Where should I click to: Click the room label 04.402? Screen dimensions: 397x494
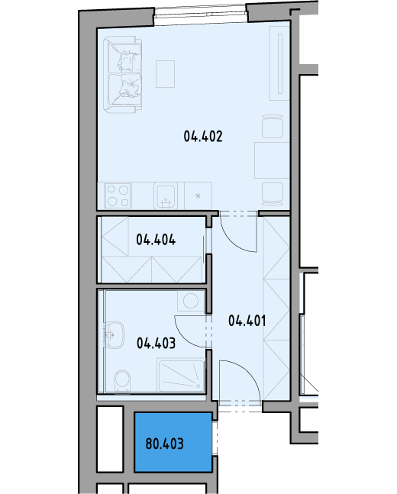coord(203,137)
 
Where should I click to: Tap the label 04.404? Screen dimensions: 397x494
coord(156,240)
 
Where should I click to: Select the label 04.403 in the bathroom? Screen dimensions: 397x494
coord(156,343)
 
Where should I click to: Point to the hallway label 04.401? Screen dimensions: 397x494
coord(247,321)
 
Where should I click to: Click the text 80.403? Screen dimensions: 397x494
coord(164,444)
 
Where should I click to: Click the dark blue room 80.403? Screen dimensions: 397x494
coord(173,442)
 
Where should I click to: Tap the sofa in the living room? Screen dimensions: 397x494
coord(123,75)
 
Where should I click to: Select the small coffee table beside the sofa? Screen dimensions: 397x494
coord(165,74)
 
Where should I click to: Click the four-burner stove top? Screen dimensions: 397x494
coord(118,195)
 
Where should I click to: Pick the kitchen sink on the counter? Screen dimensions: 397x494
coord(166,195)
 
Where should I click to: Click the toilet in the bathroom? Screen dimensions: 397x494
coord(122,381)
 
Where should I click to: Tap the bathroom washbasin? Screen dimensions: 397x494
coord(114,335)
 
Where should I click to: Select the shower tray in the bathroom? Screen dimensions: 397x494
coord(181,375)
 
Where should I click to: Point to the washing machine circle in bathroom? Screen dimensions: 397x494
coord(191,301)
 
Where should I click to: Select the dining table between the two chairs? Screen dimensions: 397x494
coord(272,160)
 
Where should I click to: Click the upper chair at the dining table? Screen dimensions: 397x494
coord(273,126)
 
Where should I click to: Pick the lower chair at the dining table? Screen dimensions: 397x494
coord(273,194)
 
